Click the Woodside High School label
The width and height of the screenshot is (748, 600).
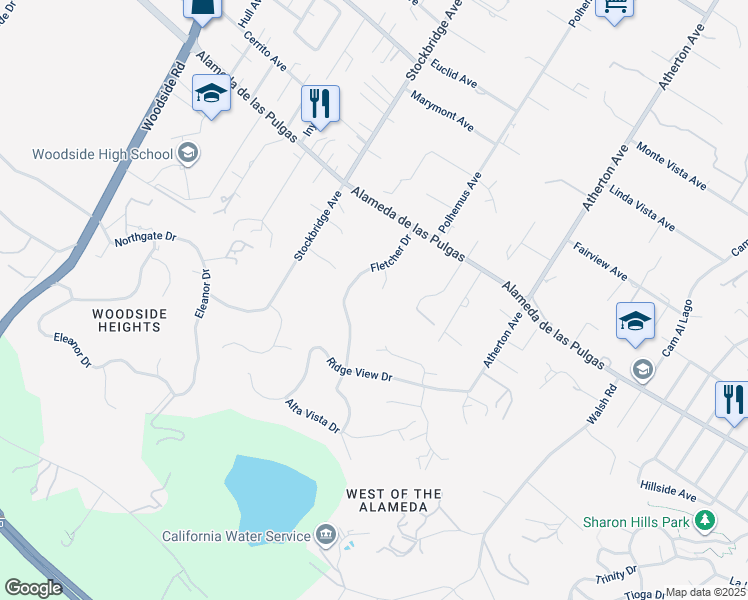(103, 154)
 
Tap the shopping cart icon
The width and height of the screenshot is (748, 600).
(614, 7)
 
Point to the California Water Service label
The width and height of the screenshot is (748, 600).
(236, 536)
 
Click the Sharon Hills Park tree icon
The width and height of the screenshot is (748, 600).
(706, 520)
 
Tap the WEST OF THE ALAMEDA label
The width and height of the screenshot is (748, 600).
(393, 500)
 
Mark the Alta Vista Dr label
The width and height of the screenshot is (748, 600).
(313, 416)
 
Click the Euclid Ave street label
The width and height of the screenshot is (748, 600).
(455, 71)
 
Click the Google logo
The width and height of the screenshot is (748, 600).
(34, 588)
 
